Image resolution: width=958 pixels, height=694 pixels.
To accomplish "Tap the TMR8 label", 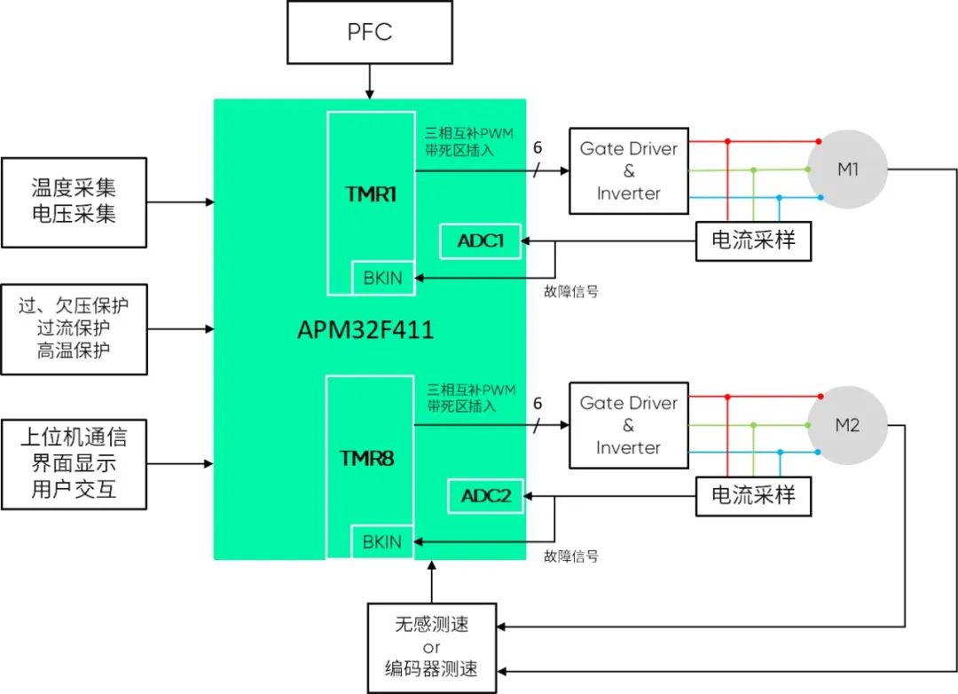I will click(x=367, y=459).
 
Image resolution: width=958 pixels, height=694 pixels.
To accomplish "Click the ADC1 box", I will click(x=479, y=241).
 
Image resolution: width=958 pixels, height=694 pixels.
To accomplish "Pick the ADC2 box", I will click(x=485, y=496).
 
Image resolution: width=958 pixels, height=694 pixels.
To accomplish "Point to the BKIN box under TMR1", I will click(x=382, y=278).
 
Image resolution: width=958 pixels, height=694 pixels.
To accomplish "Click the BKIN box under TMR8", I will click(x=382, y=541).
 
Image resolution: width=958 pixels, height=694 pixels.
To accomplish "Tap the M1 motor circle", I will click(x=846, y=170).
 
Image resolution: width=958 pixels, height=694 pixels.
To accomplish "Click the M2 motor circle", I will click(x=846, y=425).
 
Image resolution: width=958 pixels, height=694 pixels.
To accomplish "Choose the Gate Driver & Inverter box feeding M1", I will click(x=628, y=170).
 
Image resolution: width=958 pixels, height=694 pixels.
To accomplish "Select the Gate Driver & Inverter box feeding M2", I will click(x=628, y=425).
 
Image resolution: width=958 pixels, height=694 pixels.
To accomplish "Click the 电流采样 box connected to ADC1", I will click(x=752, y=241).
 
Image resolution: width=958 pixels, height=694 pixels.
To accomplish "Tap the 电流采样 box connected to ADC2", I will click(x=752, y=495).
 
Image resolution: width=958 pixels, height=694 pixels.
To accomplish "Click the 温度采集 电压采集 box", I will click(x=74, y=201).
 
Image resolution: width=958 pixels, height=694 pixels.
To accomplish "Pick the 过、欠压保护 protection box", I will click(x=74, y=328).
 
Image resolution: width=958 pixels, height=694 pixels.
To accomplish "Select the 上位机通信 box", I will click(x=74, y=463).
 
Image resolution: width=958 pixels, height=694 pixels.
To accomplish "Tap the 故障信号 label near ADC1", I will click(x=570, y=291).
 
